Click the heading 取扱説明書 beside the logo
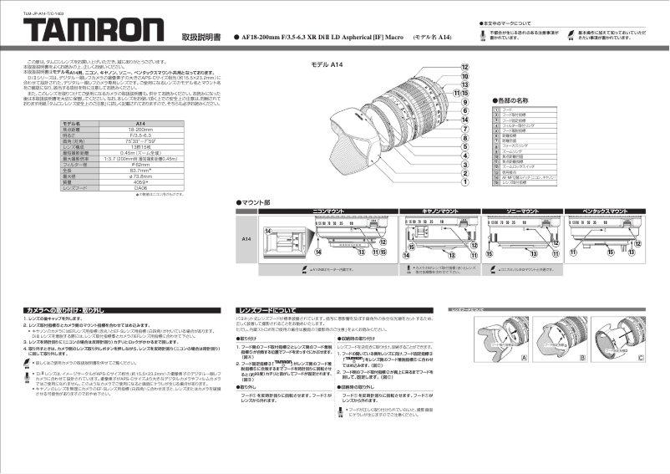204,38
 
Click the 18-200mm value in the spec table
140,129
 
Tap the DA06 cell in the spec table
140,189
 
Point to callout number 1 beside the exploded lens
464,181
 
